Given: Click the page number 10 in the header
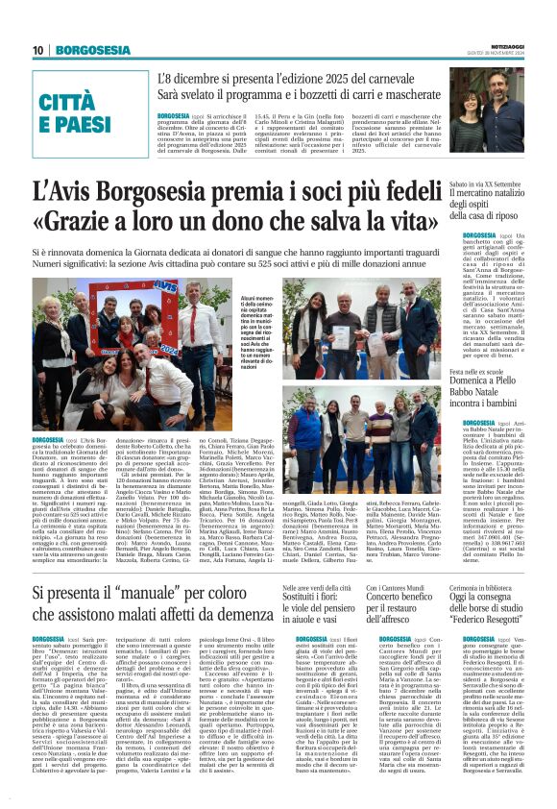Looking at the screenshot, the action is [x=37, y=49].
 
